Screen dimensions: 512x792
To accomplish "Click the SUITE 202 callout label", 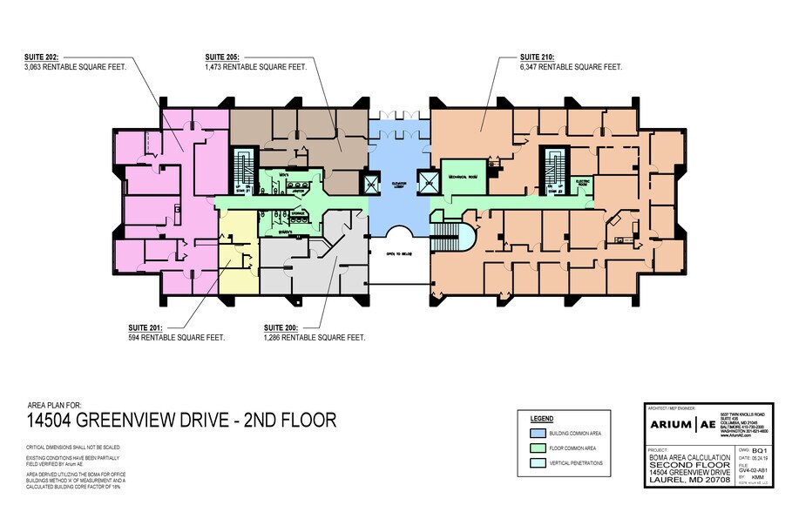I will tap(42, 57).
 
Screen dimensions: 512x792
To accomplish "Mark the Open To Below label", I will tap(398, 254).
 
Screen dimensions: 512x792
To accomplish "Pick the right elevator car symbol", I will tap(429, 182).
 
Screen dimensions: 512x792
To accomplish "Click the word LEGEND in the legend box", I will tap(542, 418).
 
